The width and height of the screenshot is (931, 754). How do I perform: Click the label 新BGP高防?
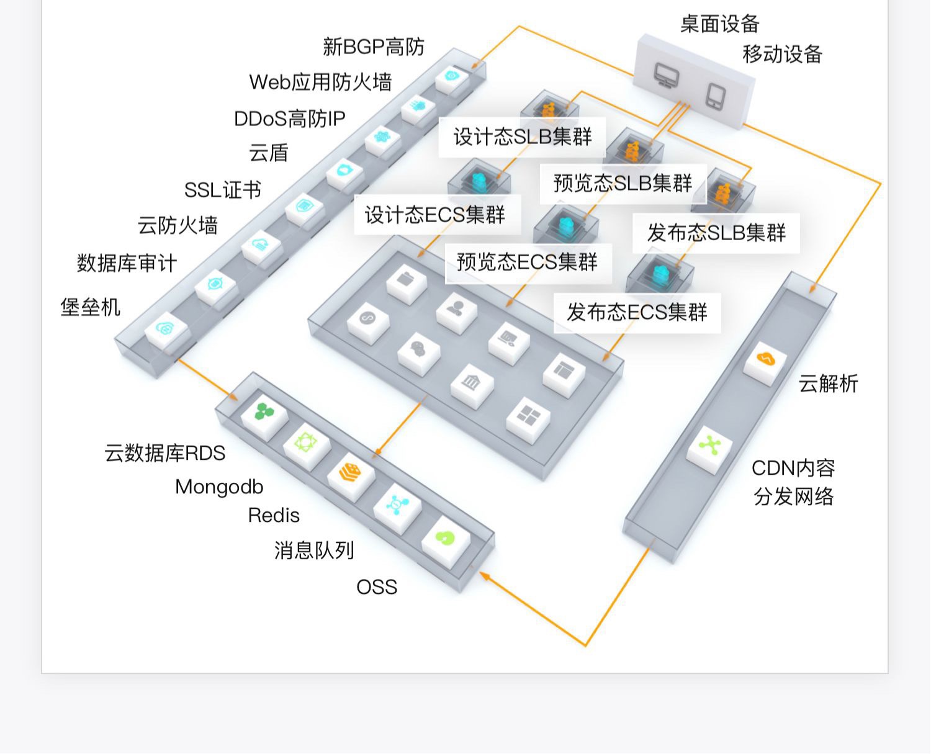click(374, 47)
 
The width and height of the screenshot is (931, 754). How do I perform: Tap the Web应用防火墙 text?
click(320, 82)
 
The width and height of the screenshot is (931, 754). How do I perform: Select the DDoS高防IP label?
click(290, 119)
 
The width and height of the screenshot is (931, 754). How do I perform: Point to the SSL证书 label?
click(222, 190)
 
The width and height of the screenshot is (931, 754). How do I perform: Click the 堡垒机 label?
click(90, 307)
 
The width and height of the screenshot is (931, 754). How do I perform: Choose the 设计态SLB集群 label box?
click(523, 137)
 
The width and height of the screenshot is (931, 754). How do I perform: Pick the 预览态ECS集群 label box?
click(528, 263)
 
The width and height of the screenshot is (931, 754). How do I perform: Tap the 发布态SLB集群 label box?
click(716, 233)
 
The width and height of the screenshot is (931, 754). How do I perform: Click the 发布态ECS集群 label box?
click(637, 313)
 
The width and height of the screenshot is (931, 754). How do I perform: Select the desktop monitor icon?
click(666, 75)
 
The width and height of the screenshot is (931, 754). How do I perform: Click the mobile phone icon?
click(716, 96)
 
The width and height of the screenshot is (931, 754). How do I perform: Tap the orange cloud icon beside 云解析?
click(765, 359)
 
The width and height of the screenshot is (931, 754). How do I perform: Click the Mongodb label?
click(220, 487)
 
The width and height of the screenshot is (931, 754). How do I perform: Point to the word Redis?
click(274, 515)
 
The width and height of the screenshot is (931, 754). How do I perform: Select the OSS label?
click(377, 587)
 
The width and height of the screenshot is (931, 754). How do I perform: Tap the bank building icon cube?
click(472, 386)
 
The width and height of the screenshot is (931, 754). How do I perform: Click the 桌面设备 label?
click(720, 24)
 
